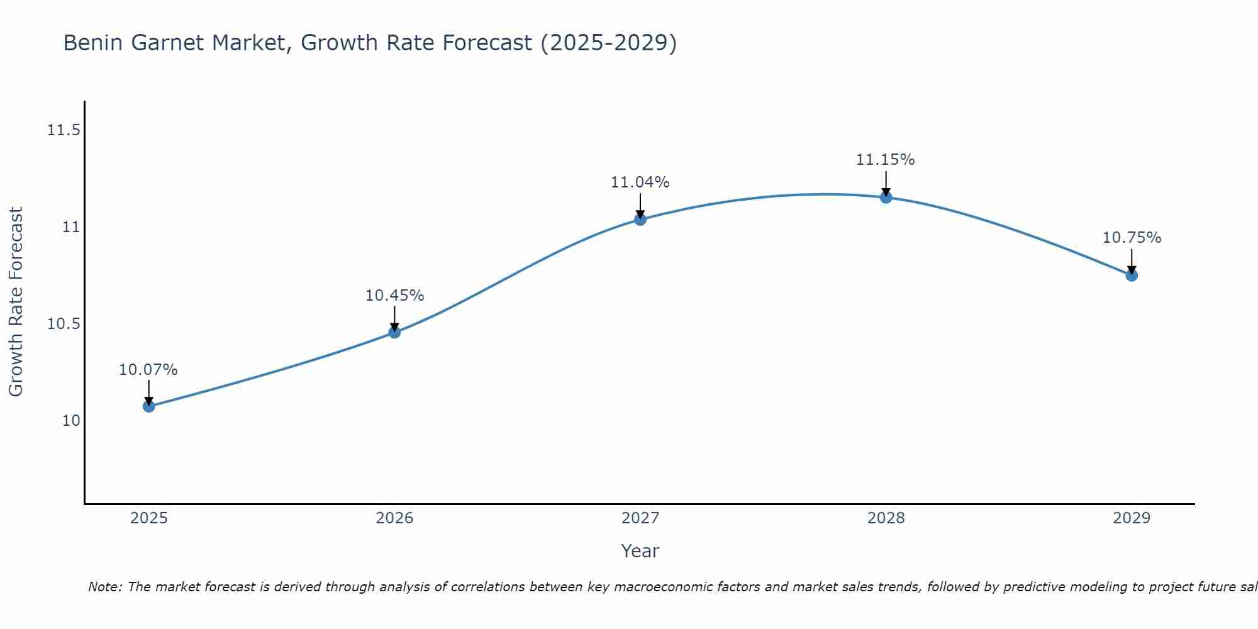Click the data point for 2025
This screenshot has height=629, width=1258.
(148, 406)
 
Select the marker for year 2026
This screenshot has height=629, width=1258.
(394, 332)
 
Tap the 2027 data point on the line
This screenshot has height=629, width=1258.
(640, 219)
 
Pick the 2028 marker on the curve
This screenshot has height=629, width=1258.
(886, 198)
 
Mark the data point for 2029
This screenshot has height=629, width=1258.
(1132, 275)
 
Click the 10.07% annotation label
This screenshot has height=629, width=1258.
(148, 370)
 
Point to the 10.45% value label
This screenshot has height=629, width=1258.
(394, 296)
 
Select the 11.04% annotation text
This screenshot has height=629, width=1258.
(640, 182)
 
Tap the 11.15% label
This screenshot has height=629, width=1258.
(886, 160)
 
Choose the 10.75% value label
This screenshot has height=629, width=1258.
(1132, 238)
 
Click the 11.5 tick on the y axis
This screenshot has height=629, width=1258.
(64, 130)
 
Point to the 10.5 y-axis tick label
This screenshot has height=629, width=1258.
(64, 324)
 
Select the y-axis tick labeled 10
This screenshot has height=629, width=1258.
(71, 421)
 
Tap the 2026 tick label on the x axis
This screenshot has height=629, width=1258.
(394, 518)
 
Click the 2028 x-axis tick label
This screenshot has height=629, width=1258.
(886, 518)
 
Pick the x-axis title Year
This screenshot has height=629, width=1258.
(640, 551)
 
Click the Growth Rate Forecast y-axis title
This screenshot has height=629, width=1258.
(16, 302)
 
